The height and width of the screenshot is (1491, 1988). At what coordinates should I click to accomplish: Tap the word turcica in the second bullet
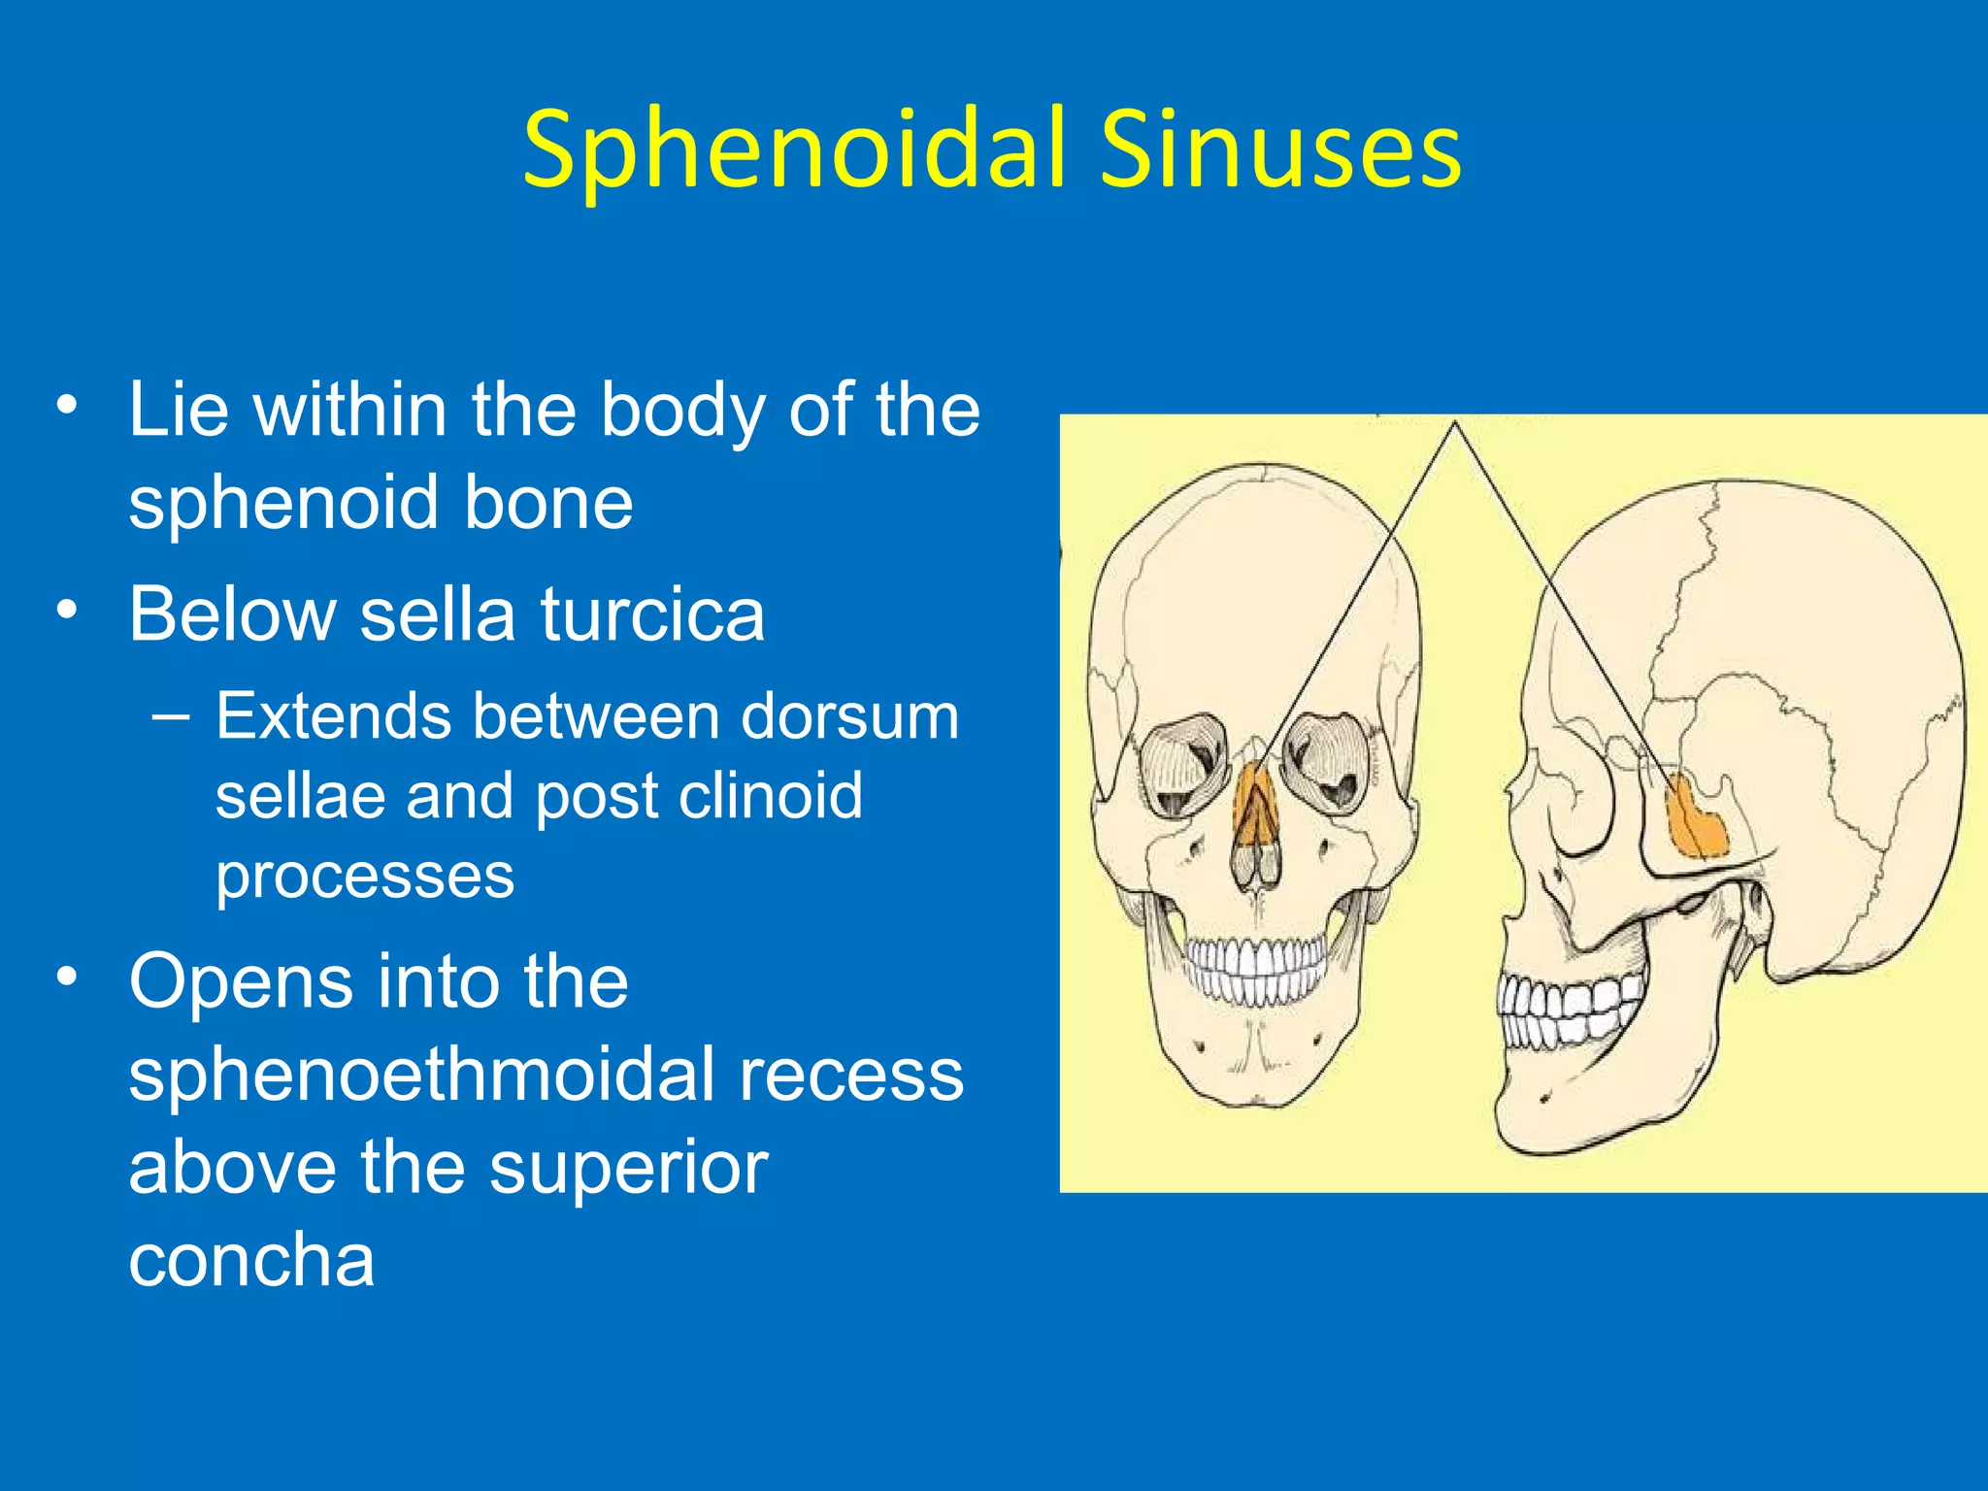(652, 615)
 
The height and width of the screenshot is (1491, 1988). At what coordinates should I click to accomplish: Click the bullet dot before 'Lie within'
(66, 406)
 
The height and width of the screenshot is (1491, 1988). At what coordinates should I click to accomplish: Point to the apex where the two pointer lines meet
(1454, 423)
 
